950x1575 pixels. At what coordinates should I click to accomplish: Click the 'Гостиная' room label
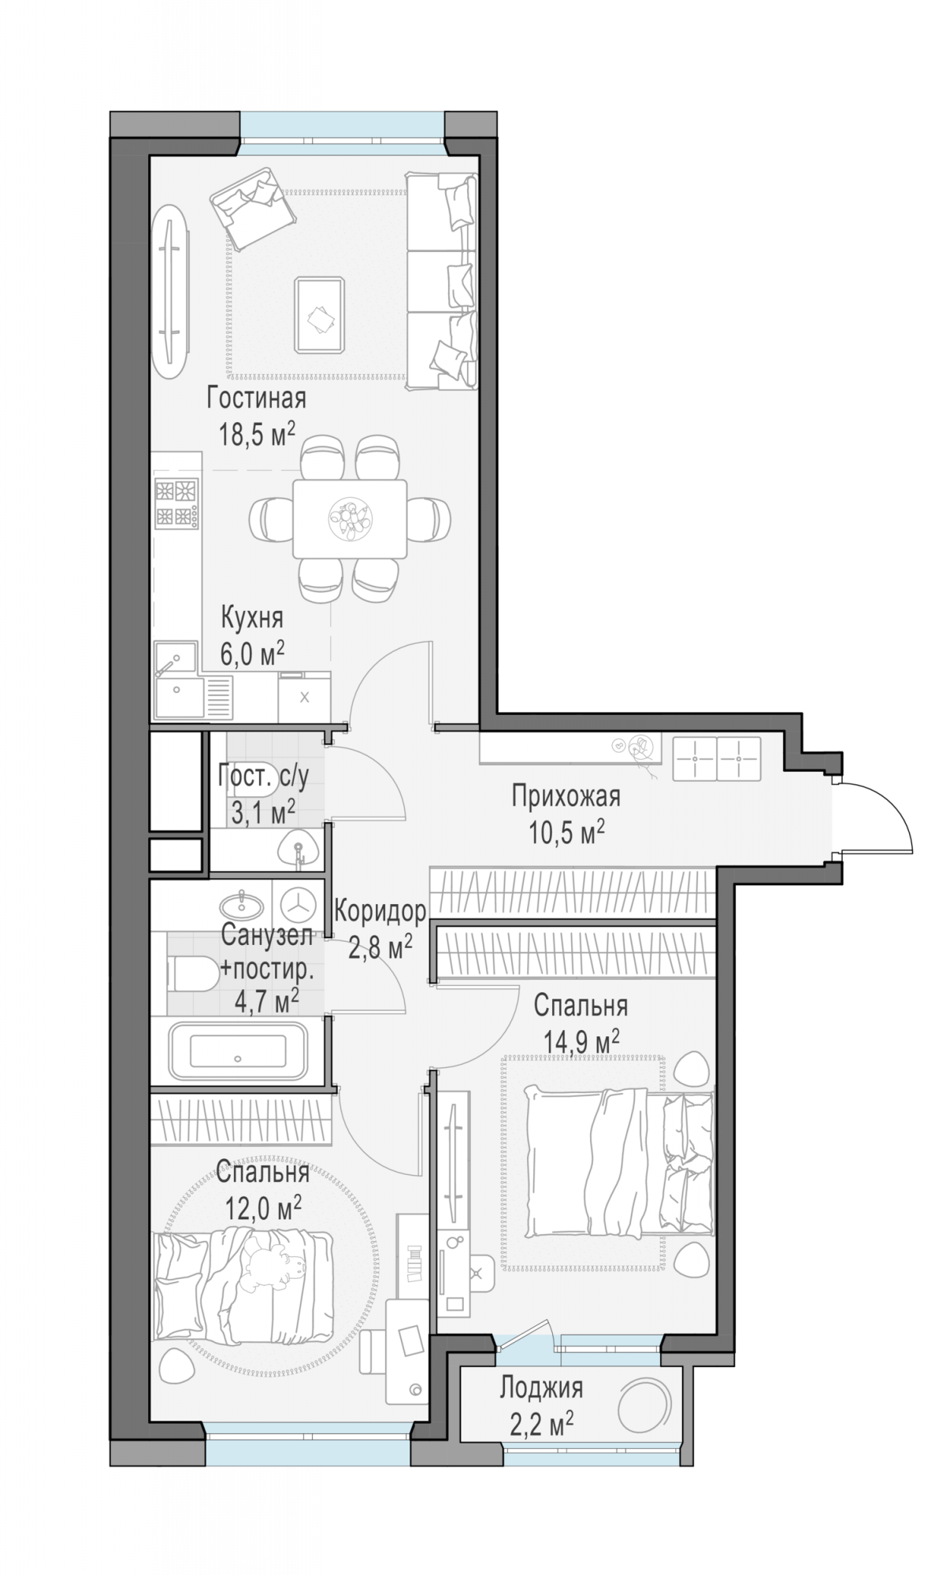pyautogui.click(x=256, y=398)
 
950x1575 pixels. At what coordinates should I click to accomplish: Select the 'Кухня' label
pyautogui.click(x=251, y=617)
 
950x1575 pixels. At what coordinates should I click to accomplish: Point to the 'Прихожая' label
pyautogui.click(x=566, y=796)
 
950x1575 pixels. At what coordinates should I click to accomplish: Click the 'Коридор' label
pyautogui.click(x=380, y=911)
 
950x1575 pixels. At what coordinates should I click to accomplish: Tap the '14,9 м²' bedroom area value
pyautogui.click(x=581, y=1042)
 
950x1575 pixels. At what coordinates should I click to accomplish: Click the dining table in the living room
pyautogui.click(x=350, y=519)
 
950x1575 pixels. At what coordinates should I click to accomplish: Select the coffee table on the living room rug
pyautogui.click(x=319, y=315)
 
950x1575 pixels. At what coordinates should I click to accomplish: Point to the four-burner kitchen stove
pyautogui.click(x=176, y=502)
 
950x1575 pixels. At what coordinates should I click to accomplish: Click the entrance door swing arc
pyautogui.click(x=892, y=813)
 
